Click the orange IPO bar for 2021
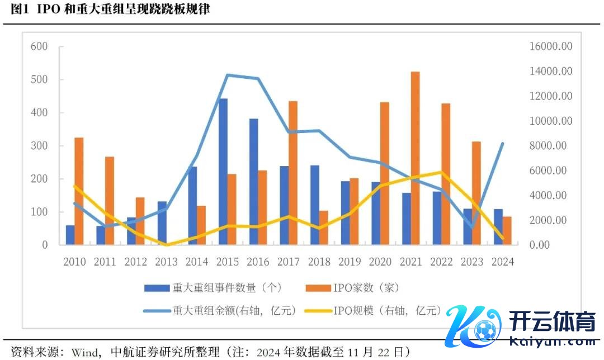pyautogui.click(x=415, y=158)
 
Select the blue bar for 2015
pyautogui.click(x=223, y=172)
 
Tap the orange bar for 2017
pyautogui.click(x=293, y=173)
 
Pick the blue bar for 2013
pyautogui.click(x=162, y=223)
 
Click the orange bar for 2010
pyautogui.click(x=79, y=191)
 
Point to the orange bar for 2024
pyautogui.click(x=507, y=231)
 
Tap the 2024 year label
pyautogui.click(x=502, y=262)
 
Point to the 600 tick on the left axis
pyautogui.click(x=39, y=46)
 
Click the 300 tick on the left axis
pyautogui.click(x=39, y=146)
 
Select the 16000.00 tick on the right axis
pyautogui.click(x=551, y=46)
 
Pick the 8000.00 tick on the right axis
pyautogui.click(x=551, y=146)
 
